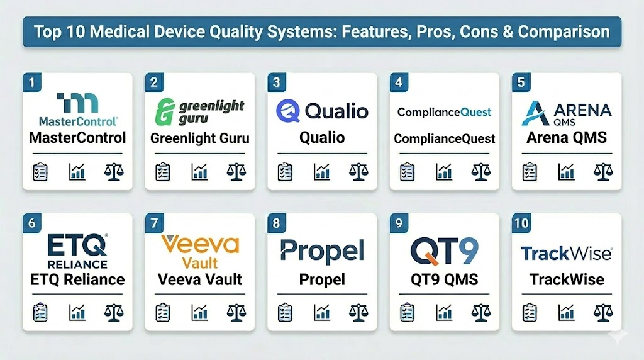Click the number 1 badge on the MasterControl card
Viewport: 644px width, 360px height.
[32, 82]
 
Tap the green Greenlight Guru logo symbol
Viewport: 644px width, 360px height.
[165, 111]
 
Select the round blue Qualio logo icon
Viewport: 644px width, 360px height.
[288, 111]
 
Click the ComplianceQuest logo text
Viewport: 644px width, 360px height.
[445, 112]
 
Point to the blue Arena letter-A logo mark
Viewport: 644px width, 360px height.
[536, 113]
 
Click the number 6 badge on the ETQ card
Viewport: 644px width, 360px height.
[32, 223]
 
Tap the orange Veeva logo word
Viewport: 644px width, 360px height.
[200, 245]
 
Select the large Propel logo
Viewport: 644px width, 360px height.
[322, 251]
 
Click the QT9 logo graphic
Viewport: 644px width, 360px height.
[445, 250]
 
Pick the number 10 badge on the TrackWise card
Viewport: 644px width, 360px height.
[521, 223]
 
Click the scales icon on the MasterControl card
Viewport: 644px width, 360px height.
[114, 172]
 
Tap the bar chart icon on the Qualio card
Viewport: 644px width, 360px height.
[322, 172]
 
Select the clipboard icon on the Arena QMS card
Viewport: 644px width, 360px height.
[530, 172]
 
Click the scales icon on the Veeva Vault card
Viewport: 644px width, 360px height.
[236, 313]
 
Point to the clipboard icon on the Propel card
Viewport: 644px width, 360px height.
[285, 313]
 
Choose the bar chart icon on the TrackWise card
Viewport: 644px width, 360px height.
[567, 313]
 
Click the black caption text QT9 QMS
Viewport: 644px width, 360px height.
[445, 280]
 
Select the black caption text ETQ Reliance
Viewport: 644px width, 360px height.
[77, 280]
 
